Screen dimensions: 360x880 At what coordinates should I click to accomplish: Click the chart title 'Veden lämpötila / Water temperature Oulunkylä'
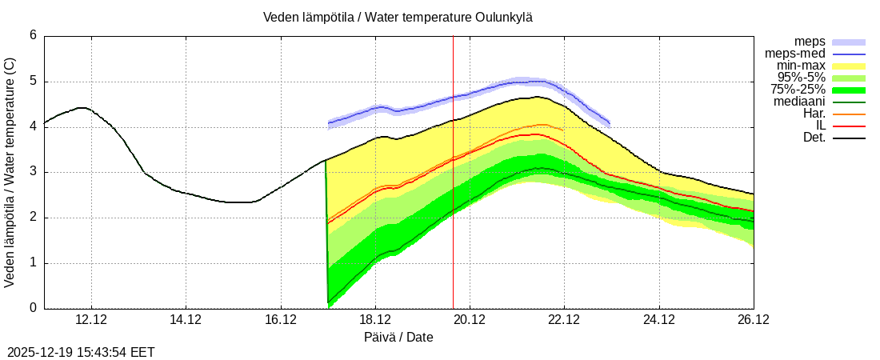pos(398,17)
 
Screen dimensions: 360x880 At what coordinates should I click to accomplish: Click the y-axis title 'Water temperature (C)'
pos(10,172)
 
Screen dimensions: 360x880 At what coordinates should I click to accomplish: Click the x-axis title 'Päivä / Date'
pos(398,337)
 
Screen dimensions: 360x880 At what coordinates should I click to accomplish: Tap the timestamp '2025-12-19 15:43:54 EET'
pos(81,352)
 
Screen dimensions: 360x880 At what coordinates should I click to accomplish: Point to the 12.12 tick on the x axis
pos(91,319)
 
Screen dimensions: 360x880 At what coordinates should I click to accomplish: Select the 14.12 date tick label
pos(186,319)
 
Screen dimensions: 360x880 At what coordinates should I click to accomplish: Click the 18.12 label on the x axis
pos(375,319)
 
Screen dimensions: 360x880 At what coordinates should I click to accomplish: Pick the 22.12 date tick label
pos(564,319)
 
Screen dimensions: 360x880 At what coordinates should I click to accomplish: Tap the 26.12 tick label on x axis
pos(753,319)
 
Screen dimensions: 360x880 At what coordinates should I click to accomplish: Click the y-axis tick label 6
pos(33,35)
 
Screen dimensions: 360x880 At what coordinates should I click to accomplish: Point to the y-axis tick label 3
pos(33,172)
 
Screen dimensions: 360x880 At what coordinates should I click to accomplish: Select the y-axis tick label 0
pos(33,308)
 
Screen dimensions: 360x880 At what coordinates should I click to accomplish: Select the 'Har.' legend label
pos(814,114)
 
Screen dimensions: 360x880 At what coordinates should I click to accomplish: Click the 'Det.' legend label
pos(814,138)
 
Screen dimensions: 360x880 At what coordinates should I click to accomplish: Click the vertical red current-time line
pos(453,200)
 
